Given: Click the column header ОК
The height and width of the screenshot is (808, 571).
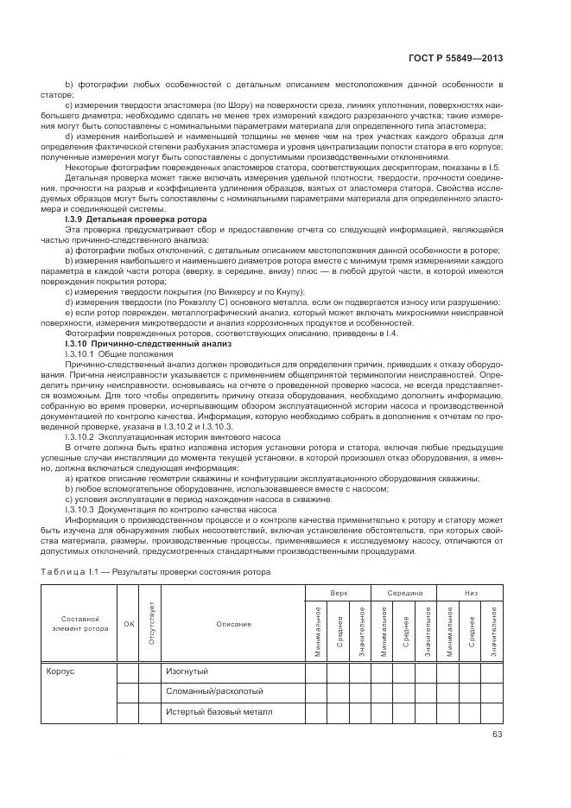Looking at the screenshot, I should (x=129, y=624).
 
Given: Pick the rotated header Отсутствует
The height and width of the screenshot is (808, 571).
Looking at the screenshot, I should (x=151, y=623).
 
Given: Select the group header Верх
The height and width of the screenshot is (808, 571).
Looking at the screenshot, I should (x=338, y=595).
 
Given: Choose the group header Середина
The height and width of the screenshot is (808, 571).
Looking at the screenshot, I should (x=404, y=595).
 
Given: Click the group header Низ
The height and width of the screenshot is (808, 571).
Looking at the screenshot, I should (x=470, y=595).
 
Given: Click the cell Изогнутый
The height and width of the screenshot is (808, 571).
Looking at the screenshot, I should (x=187, y=671).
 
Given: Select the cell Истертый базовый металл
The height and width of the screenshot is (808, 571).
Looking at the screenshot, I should (x=219, y=712).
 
